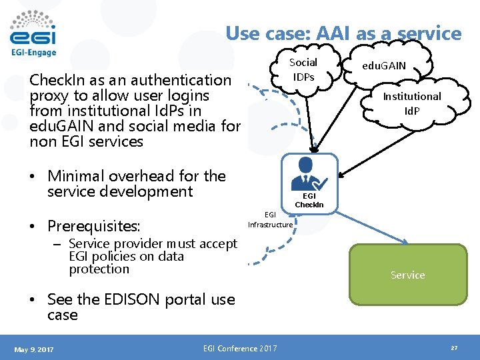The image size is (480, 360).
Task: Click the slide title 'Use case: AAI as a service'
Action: [343, 33]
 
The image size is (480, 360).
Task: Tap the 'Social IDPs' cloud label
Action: [303, 69]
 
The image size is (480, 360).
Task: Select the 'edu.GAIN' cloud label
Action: [383, 66]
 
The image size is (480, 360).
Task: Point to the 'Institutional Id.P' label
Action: [411, 103]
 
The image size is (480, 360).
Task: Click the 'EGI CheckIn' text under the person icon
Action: [309, 200]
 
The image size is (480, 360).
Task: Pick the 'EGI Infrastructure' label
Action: [270, 219]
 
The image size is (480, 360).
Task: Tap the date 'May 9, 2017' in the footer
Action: [34, 349]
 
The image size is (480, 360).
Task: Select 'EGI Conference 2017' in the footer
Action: [241, 348]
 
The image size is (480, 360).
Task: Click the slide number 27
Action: [453, 349]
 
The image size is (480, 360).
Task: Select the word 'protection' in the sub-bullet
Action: [99, 269]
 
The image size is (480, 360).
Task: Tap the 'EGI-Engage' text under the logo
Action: [33, 53]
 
